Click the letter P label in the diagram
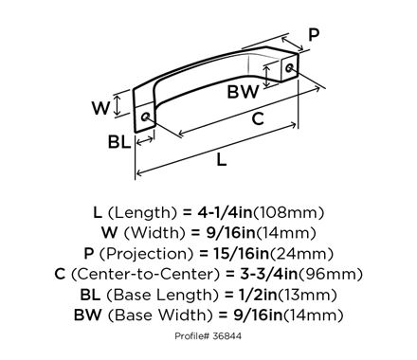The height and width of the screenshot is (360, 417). pos(314,35)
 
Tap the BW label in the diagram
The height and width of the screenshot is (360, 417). pos(243,92)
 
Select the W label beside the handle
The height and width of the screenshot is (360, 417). pos(101,108)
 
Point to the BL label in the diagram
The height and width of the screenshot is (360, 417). pos(119,142)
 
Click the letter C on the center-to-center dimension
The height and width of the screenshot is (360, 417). pos(258,118)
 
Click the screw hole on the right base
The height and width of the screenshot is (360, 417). pos(289,67)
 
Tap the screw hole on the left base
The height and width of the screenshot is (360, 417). pos(146,117)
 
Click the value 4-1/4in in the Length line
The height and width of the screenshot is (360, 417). pos(226,212)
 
